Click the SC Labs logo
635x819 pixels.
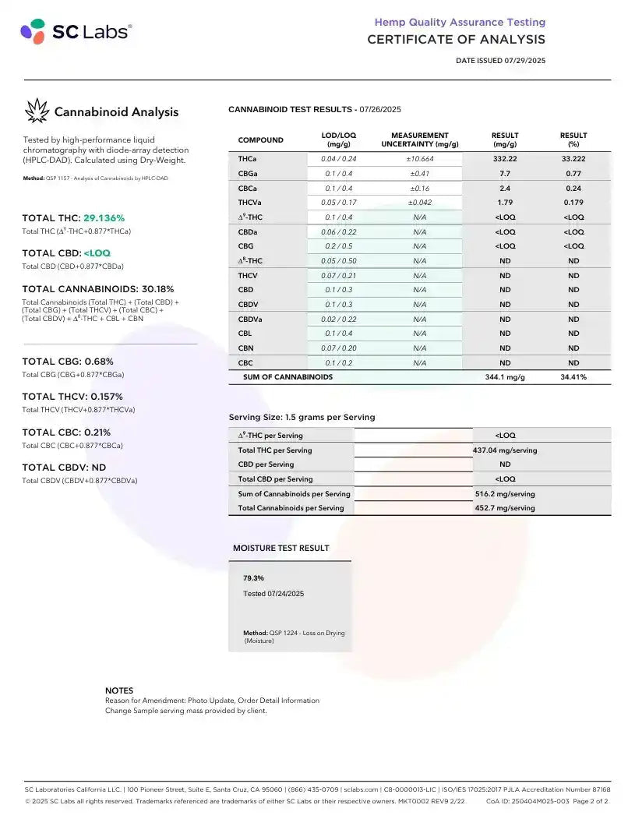[x=76, y=32]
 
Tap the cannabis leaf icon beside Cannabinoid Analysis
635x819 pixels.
[x=37, y=111]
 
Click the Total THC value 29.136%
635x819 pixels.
[x=104, y=218]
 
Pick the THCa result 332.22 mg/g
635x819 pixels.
[x=505, y=159]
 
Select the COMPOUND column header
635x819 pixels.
[x=260, y=140]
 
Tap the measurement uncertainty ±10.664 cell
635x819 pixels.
[x=419, y=159]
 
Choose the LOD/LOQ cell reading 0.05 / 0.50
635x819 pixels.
[x=338, y=261]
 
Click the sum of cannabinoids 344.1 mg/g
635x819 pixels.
[x=505, y=377]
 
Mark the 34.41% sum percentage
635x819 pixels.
[x=573, y=377]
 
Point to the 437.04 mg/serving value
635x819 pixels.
[x=505, y=450]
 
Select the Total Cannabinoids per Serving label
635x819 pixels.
[x=291, y=508]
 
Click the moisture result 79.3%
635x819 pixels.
[x=254, y=578]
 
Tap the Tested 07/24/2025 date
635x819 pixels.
[x=273, y=594]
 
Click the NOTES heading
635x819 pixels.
[x=119, y=690]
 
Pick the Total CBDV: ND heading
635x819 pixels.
[x=64, y=468]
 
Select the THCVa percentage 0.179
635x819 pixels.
[x=573, y=203]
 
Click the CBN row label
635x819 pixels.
[x=245, y=348]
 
